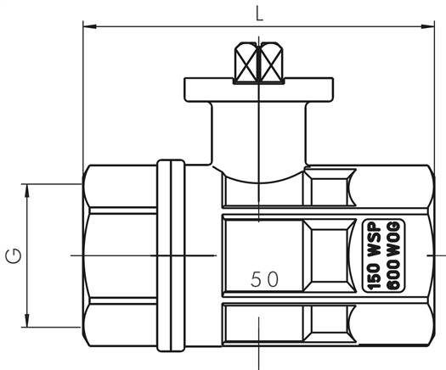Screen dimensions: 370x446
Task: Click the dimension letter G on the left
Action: tap(13, 255)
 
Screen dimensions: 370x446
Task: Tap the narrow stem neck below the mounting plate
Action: tap(257, 127)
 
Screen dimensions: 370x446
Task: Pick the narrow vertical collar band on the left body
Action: tap(173, 255)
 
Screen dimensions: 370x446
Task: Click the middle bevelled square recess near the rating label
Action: tap(330, 255)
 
